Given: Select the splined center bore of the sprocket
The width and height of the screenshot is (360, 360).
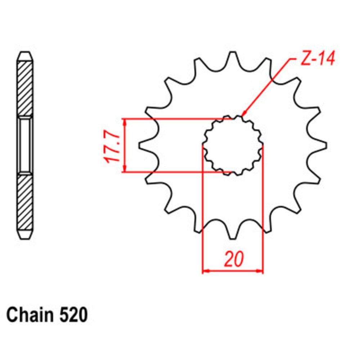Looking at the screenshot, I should click(233, 145).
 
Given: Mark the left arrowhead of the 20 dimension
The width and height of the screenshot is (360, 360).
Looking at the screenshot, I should click(205, 270).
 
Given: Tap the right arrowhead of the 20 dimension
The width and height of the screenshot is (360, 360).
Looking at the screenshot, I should click(260, 270).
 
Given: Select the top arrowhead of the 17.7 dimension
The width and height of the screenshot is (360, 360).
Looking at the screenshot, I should click(125, 122).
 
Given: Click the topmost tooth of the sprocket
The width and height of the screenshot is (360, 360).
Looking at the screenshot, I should click(233, 58).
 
